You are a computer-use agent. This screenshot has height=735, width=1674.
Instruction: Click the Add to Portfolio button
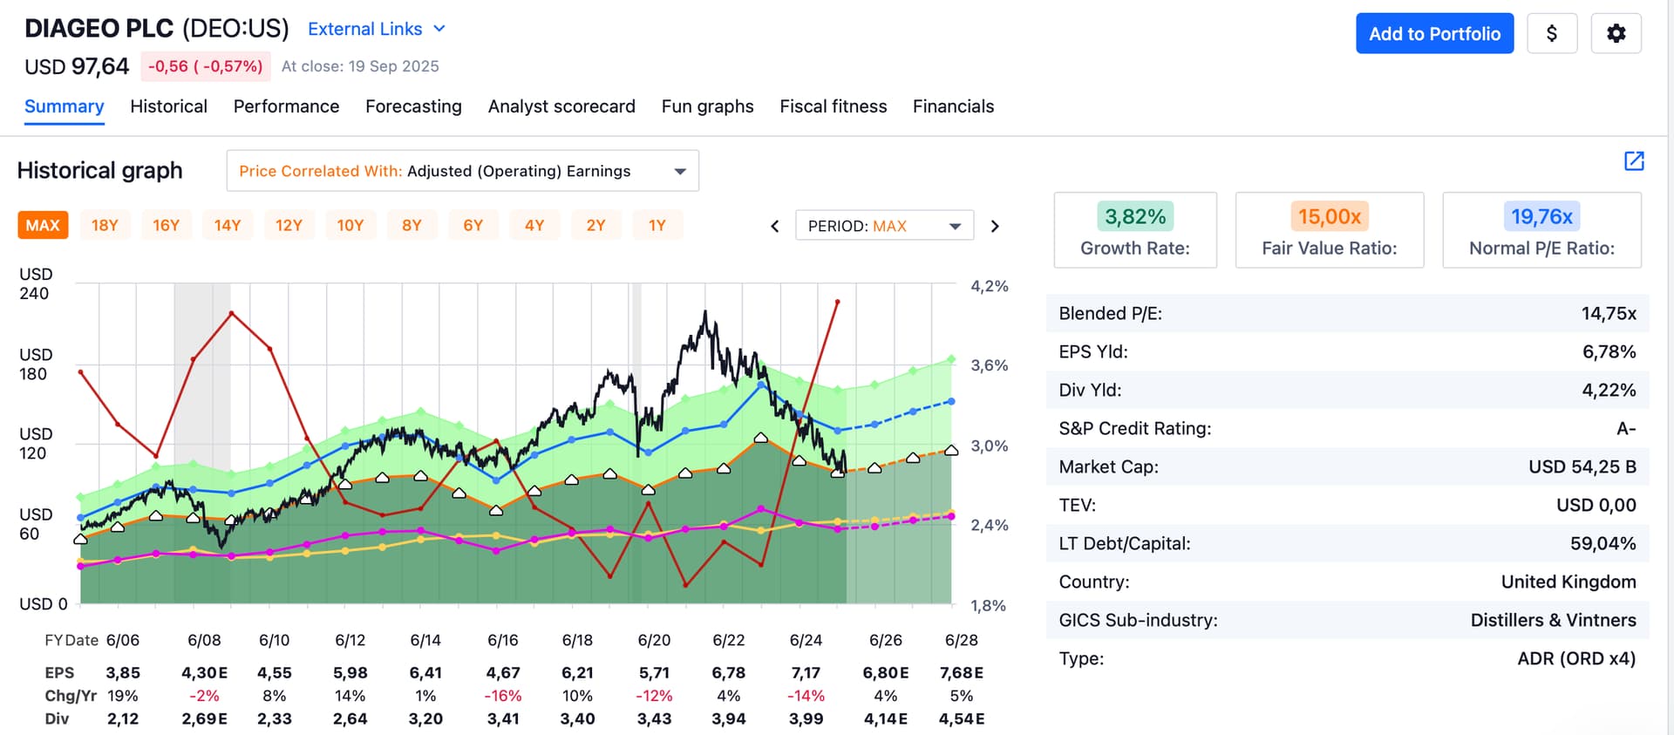tap(1434, 34)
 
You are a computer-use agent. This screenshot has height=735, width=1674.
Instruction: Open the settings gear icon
tap(1616, 34)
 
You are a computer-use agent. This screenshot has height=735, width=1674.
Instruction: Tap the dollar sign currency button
tap(1552, 34)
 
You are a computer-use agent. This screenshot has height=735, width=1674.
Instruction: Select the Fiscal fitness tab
tap(833, 106)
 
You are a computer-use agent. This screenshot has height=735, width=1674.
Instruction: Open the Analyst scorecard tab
tap(561, 106)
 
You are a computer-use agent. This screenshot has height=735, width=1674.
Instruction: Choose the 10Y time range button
tap(350, 226)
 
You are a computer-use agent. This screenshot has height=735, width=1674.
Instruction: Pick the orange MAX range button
tap(43, 226)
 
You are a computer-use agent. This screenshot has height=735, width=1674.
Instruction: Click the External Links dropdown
tap(377, 29)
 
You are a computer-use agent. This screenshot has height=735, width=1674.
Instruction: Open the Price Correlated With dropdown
tap(462, 171)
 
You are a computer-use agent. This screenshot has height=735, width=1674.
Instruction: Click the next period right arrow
tap(995, 226)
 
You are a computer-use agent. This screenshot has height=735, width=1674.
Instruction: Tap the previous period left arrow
tap(775, 226)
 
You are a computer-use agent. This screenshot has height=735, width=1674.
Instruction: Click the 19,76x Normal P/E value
tap(1541, 216)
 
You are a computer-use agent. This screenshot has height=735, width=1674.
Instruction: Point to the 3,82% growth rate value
tap(1135, 216)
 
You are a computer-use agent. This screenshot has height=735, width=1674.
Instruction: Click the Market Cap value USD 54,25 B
tap(1582, 467)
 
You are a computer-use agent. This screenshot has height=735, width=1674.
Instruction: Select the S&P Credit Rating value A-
tap(1626, 429)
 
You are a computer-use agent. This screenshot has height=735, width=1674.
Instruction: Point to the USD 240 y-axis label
tap(35, 284)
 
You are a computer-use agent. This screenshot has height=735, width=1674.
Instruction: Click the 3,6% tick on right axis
tap(989, 365)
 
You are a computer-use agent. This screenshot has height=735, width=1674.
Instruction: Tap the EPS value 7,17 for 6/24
tap(806, 673)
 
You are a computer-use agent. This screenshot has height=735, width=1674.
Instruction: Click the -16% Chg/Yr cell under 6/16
tap(503, 696)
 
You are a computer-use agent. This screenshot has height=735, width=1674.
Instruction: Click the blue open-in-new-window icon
tap(1634, 161)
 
